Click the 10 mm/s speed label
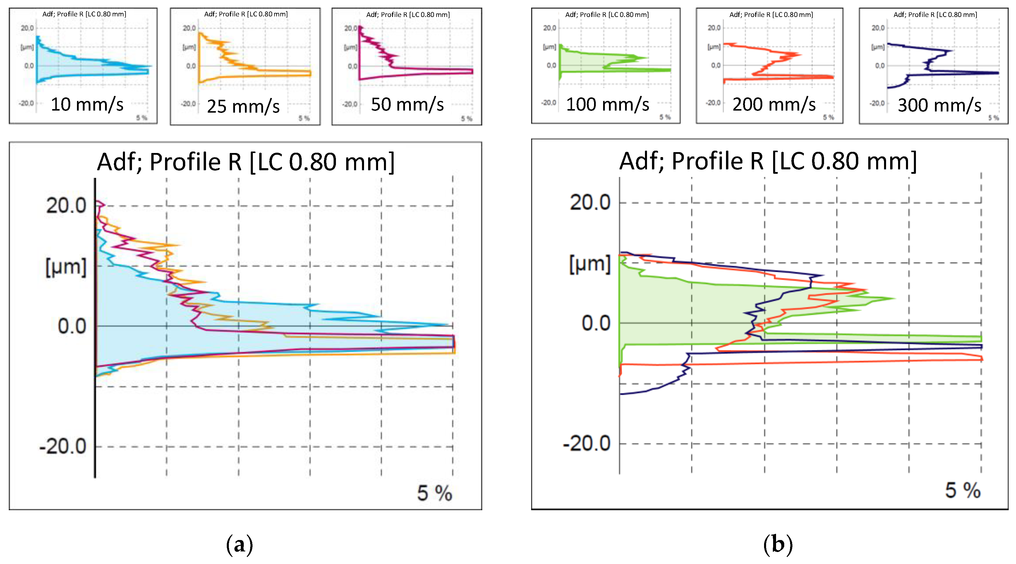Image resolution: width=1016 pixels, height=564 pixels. [87, 104]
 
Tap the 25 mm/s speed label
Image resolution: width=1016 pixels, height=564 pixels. [243, 106]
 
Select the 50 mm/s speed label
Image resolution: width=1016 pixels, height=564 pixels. [407, 104]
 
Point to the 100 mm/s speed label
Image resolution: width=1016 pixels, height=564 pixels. [607, 104]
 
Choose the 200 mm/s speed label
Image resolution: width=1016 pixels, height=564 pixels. [774, 104]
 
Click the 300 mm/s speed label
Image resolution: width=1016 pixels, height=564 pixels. [940, 105]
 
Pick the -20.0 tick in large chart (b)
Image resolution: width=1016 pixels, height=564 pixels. [586, 444]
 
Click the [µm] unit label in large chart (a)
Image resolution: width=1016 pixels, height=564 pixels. [66, 267]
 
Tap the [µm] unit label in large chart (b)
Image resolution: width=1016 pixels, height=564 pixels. [590, 264]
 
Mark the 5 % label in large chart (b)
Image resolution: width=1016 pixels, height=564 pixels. [962, 490]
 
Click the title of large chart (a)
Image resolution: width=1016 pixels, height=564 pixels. [246, 162]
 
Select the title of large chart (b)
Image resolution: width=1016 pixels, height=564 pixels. [768, 161]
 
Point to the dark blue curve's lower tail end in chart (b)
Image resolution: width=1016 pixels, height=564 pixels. [621, 394]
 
